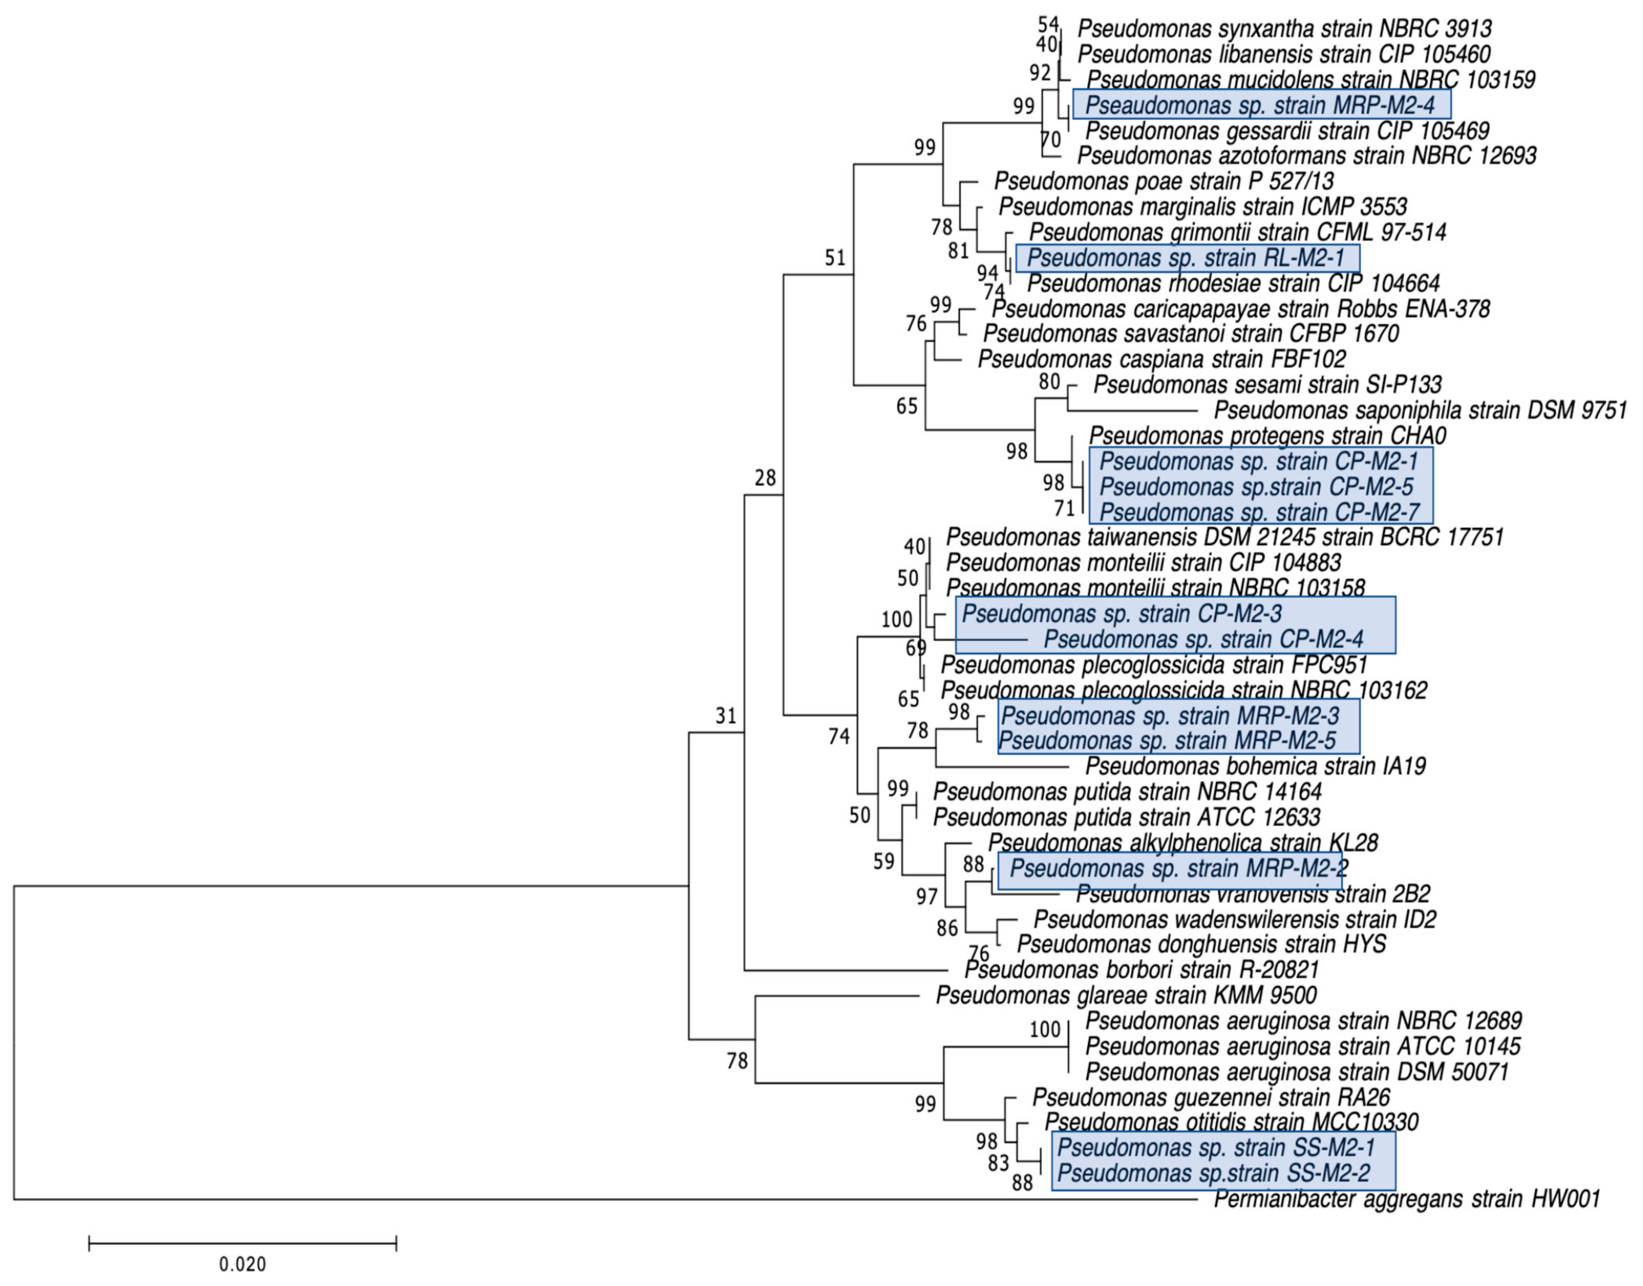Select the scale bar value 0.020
point(242,1263)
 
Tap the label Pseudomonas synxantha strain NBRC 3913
point(1284,29)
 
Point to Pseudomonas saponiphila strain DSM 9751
point(1420,410)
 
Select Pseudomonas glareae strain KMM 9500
point(1126,995)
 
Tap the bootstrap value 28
point(765,477)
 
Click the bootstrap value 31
point(726,715)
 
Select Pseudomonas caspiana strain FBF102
point(1161,359)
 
